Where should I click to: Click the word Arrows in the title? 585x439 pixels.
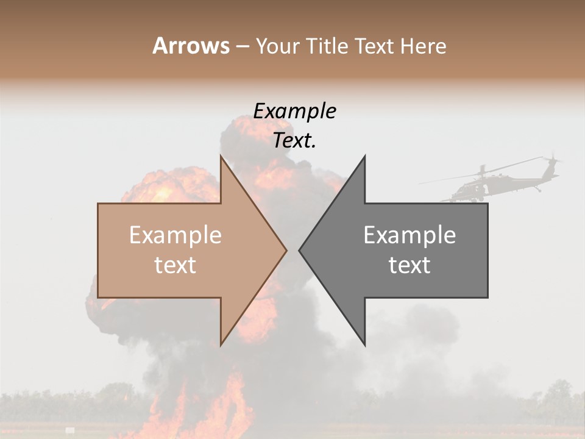(x=191, y=46)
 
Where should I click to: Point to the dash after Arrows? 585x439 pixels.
(x=243, y=46)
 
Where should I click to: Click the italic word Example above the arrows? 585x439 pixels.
(x=294, y=111)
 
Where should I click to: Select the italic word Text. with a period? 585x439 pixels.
(x=294, y=141)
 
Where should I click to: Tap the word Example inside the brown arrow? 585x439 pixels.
(x=175, y=235)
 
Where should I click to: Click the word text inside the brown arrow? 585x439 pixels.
(x=175, y=265)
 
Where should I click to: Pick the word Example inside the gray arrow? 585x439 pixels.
(x=409, y=235)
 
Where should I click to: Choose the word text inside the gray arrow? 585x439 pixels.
(x=409, y=265)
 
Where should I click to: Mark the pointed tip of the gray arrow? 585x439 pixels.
(x=300, y=250)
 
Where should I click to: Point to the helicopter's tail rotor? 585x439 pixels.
(x=551, y=161)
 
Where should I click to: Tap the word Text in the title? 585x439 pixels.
(x=376, y=46)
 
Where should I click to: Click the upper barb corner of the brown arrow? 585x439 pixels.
(x=221, y=157)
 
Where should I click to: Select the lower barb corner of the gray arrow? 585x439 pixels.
(x=364, y=344)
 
